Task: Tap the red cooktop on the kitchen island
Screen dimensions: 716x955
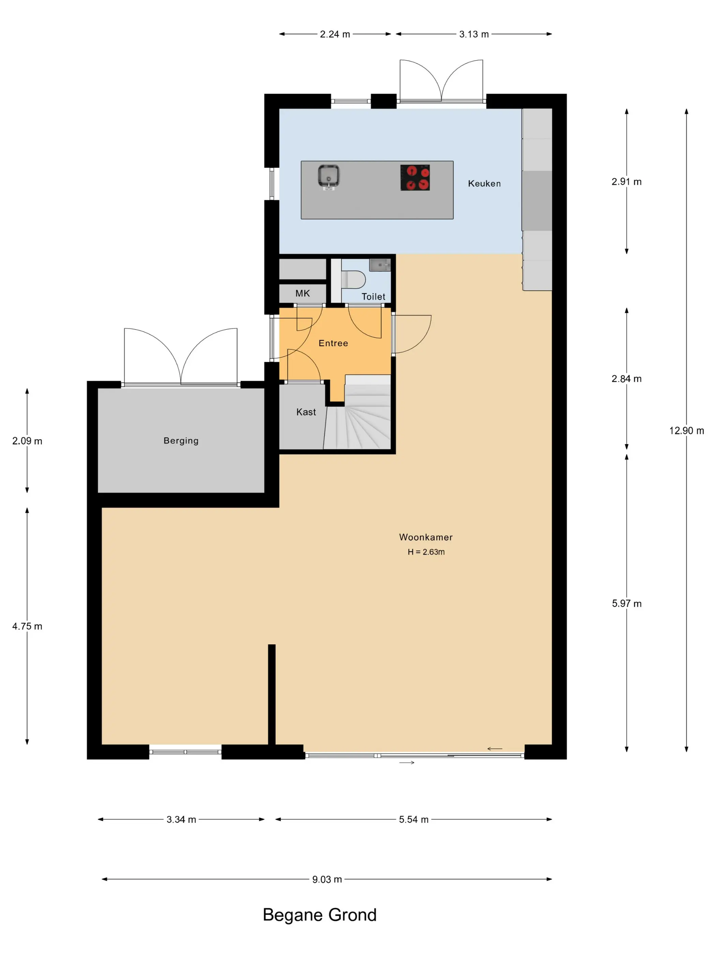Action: pyautogui.click(x=415, y=177)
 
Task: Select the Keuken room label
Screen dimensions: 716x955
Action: pyautogui.click(x=484, y=183)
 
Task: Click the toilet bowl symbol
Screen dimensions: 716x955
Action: pyautogui.click(x=354, y=279)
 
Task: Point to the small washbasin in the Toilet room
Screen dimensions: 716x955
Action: pyautogui.click(x=380, y=265)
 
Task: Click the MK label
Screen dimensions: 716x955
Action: pyautogui.click(x=302, y=294)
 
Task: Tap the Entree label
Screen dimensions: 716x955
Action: pyautogui.click(x=333, y=343)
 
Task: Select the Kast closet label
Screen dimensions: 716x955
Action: pyautogui.click(x=306, y=412)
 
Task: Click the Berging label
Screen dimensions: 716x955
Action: pyautogui.click(x=181, y=441)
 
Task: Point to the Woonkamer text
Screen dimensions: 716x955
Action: pyautogui.click(x=426, y=537)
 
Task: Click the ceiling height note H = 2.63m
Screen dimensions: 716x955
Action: pyautogui.click(x=426, y=552)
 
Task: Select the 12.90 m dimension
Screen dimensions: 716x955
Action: pyautogui.click(x=686, y=430)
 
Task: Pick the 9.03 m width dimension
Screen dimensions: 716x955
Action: pyautogui.click(x=327, y=879)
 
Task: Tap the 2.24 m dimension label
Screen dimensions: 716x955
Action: pyautogui.click(x=335, y=34)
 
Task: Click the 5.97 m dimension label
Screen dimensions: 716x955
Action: pyautogui.click(x=627, y=604)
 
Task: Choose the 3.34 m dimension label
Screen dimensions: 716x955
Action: pyautogui.click(x=181, y=820)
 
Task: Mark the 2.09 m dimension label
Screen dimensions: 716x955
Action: pyautogui.click(x=27, y=441)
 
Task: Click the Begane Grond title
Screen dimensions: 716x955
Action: pyautogui.click(x=319, y=915)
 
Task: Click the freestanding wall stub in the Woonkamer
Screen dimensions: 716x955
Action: pyautogui.click(x=271, y=695)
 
